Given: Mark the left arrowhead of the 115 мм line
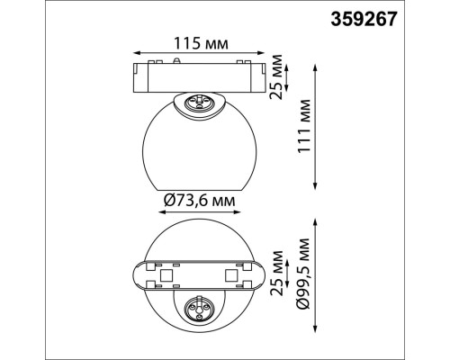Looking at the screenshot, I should [x=135, y=53].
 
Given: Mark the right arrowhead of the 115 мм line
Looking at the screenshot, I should [x=265, y=53].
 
